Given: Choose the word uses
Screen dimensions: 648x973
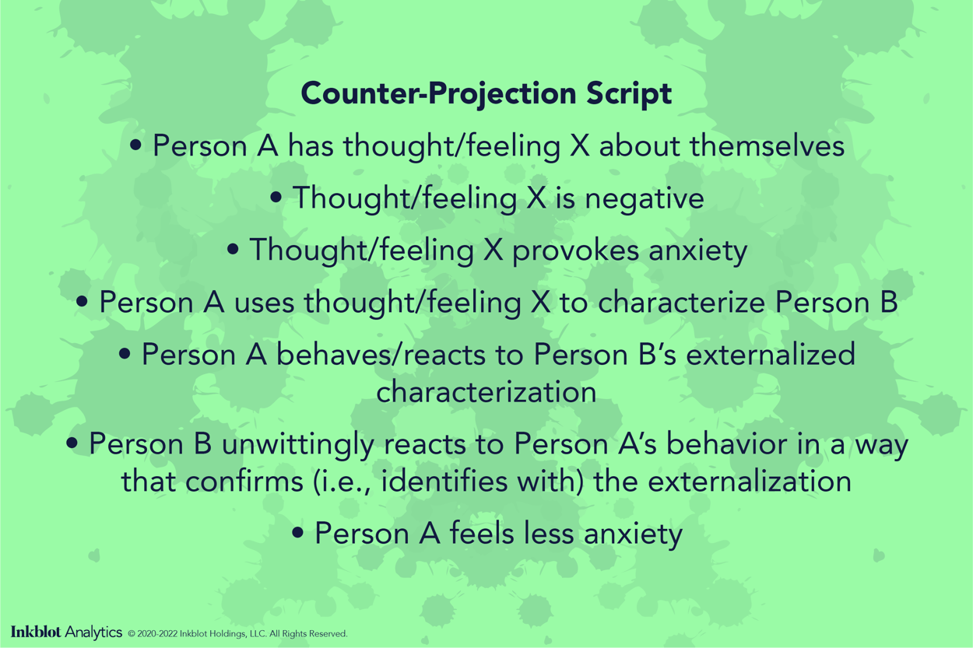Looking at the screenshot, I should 258,303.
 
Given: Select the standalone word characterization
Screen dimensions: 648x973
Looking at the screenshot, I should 486,391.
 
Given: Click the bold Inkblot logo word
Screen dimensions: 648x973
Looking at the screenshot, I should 37,632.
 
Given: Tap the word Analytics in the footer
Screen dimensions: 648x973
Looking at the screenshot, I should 93,632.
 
